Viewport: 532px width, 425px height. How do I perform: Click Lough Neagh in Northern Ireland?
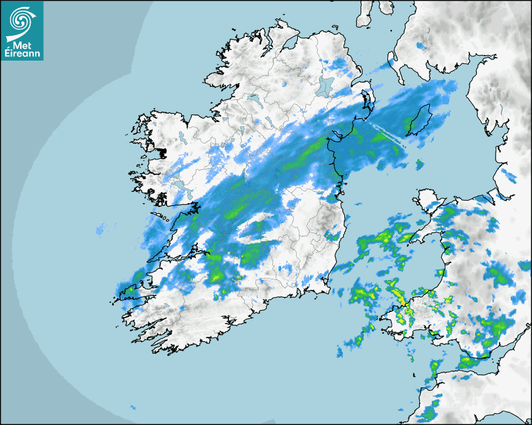(x=325, y=86)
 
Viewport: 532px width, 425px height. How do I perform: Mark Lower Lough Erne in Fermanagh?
(x=254, y=99)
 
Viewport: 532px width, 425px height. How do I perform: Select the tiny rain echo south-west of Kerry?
(x=133, y=407)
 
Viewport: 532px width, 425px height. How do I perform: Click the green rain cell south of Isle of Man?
(x=419, y=164)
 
